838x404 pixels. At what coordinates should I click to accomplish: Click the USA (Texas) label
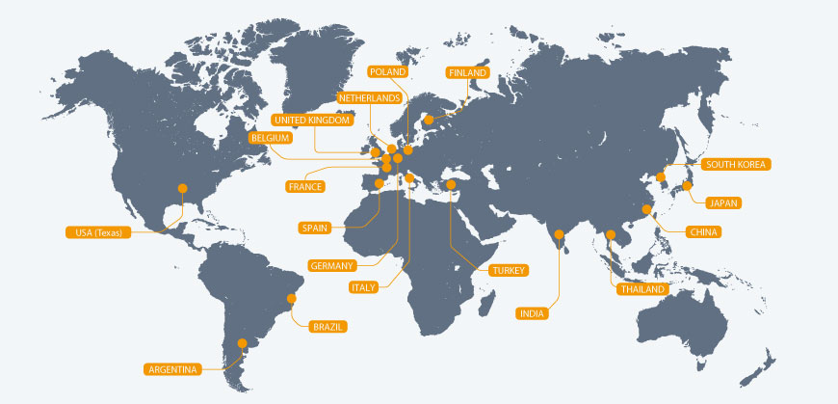99,232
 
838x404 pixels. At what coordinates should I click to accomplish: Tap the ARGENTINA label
173,369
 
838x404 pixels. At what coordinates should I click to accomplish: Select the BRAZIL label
327,327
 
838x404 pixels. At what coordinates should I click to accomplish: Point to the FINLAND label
468,72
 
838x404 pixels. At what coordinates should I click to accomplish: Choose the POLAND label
388,71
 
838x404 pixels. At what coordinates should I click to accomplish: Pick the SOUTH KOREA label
736,165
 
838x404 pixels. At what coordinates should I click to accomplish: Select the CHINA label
704,232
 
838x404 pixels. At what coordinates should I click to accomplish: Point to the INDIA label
532,313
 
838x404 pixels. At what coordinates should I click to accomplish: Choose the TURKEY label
508,271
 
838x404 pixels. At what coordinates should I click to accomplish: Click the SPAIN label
315,229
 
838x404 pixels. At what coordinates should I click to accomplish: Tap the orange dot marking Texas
181,188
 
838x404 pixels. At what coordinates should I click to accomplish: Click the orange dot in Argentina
243,342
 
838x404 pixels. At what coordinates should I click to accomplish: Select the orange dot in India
560,232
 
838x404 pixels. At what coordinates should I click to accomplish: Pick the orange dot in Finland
428,121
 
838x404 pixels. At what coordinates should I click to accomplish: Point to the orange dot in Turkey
451,184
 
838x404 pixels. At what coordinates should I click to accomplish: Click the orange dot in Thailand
611,234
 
